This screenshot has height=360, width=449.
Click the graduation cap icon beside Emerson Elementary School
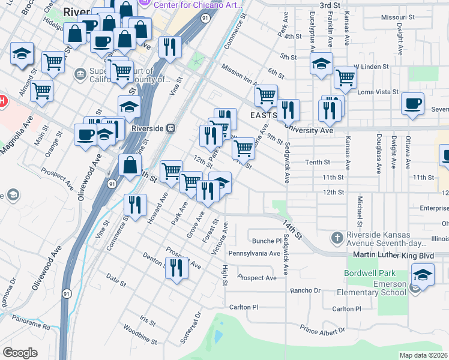click(423, 277)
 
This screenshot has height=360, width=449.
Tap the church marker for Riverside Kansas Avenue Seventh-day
click(337, 239)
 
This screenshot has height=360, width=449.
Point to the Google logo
click(20, 352)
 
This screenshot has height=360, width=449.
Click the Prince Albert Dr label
click(322, 331)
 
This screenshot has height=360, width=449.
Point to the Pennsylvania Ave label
click(258, 254)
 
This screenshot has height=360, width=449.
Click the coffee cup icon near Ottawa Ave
click(412, 104)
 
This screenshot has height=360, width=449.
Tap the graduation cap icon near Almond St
click(22, 54)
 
